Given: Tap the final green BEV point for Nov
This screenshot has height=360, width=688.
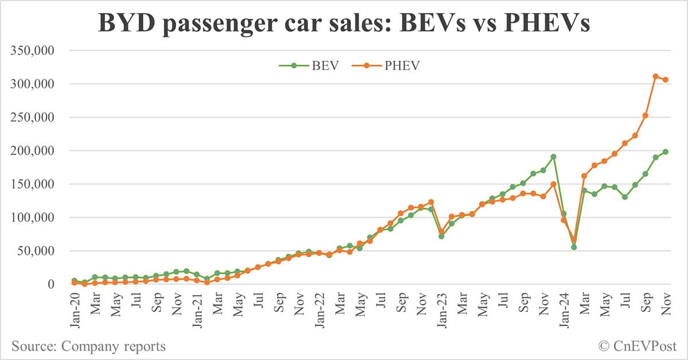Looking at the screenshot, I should pos(666,151).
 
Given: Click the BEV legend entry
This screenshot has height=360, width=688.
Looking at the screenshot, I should pos(310,65).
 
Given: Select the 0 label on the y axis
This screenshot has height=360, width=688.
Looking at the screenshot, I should pos(50,284).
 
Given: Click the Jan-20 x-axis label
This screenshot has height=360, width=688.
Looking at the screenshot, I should pos(74,308).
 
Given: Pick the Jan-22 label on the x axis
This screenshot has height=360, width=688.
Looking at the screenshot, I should pos(319,308).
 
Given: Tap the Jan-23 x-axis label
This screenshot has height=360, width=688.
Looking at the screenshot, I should pos(441,308).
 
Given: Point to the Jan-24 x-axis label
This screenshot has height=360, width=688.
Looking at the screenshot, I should pos(564,308).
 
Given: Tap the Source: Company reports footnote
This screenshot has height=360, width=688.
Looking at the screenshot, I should pos(88,346).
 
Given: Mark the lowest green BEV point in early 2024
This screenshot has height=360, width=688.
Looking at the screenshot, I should pos(574,247).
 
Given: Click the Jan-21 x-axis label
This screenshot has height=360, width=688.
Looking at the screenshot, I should pos(197,308).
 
